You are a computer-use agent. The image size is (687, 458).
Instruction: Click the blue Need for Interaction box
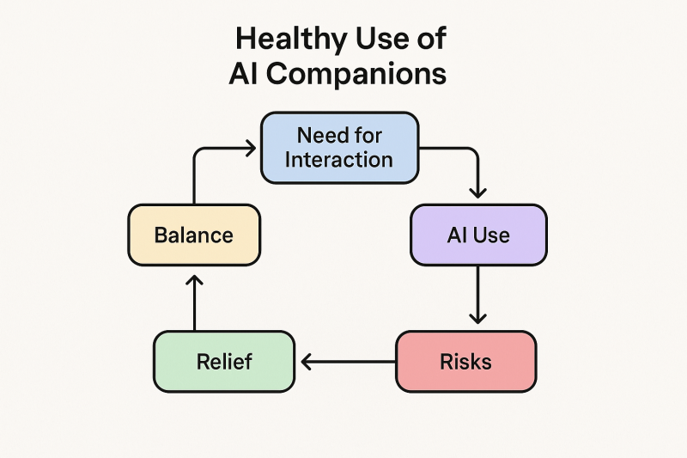pos(339,148)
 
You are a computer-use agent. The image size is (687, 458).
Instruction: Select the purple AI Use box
pos(478,235)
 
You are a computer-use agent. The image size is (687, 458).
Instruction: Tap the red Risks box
pos(465,362)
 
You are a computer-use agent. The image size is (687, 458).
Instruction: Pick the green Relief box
pos(224,362)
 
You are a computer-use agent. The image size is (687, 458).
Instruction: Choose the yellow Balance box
pos(194,235)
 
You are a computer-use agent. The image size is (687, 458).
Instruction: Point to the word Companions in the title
pos(356,73)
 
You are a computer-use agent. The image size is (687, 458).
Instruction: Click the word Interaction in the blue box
pos(338,160)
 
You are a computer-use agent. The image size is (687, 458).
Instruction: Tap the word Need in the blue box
pos(318,135)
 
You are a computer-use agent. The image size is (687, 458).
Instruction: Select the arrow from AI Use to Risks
pos(477,295)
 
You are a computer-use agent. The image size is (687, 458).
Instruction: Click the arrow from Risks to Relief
pos(349,362)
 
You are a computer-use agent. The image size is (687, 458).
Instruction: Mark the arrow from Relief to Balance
pos(194,302)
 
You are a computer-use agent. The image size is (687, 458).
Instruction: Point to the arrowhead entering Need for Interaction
pos(252,148)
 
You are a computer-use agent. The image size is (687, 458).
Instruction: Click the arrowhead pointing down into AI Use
pos(477,192)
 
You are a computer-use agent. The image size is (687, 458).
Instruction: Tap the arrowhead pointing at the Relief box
pos(306,362)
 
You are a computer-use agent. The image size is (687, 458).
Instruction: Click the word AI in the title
pos(244,73)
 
